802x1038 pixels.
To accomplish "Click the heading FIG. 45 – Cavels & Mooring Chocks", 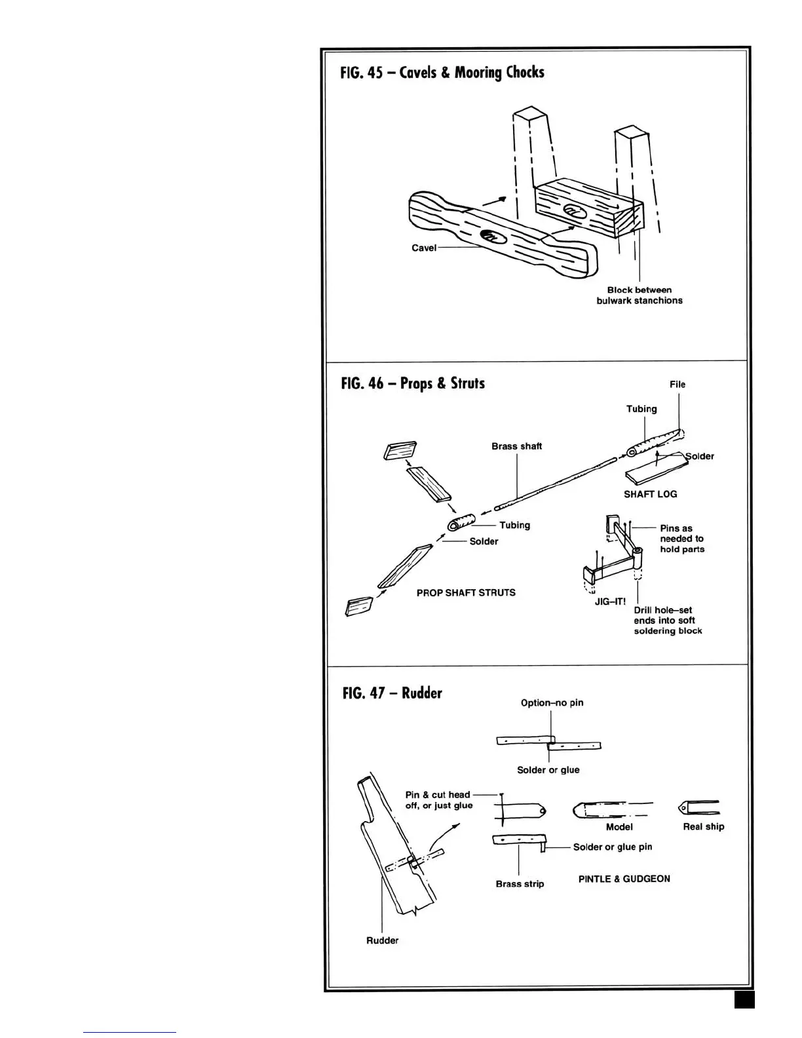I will pos(442,72).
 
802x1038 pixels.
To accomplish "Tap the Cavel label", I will pos(423,248).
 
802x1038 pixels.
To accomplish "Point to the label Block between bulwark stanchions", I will pos(639,295).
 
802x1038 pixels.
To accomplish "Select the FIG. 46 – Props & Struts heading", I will pos(413,383).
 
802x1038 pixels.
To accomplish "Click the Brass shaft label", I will pos(516,446).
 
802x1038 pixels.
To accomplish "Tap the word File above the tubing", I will pos(678,385).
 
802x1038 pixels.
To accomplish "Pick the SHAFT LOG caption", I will pos(650,494).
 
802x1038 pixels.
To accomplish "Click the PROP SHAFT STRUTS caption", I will pos(466,592).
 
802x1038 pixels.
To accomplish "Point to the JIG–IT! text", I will pos(610,602).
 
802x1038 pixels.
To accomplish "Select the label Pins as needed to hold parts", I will pos(681,539).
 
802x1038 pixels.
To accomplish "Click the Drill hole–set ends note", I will pos(667,620).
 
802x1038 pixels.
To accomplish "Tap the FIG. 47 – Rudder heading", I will pos(392,693).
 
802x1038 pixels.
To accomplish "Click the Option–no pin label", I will pos(552,702).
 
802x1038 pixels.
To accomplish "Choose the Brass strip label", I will pos(520,884).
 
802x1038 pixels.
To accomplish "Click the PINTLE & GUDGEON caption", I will pos(624,879).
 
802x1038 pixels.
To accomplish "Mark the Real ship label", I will pos(703,826).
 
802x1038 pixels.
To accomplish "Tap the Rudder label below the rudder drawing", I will pos(382,940).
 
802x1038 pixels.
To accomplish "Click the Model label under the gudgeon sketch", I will pos(619,827).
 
